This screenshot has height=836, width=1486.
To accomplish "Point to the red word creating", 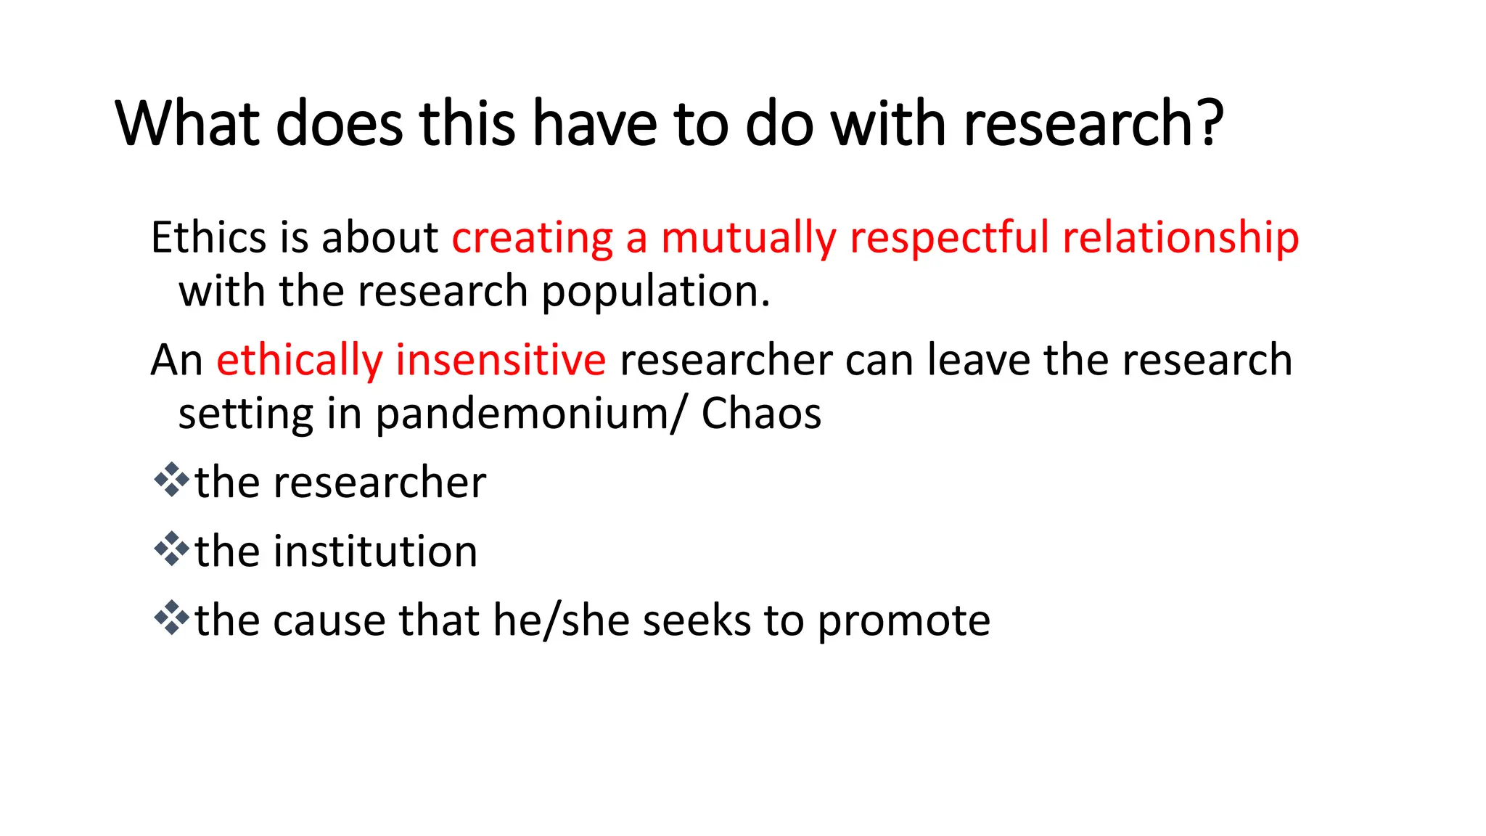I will [533, 237].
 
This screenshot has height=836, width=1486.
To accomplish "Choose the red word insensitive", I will [501, 360].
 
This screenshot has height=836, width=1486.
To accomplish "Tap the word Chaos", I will [761, 414].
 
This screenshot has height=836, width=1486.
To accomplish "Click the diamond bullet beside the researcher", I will [171, 480].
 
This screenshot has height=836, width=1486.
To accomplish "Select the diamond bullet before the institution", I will [171, 549].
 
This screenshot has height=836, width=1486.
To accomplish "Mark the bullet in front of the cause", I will [171, 618].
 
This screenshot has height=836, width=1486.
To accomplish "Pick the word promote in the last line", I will [903, 622].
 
